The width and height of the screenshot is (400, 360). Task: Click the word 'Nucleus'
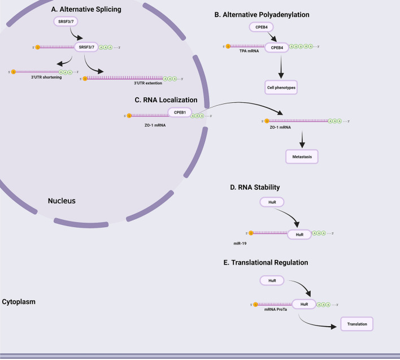tap(62, 201)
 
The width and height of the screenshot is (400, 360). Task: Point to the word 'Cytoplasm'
tap(19, 302)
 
